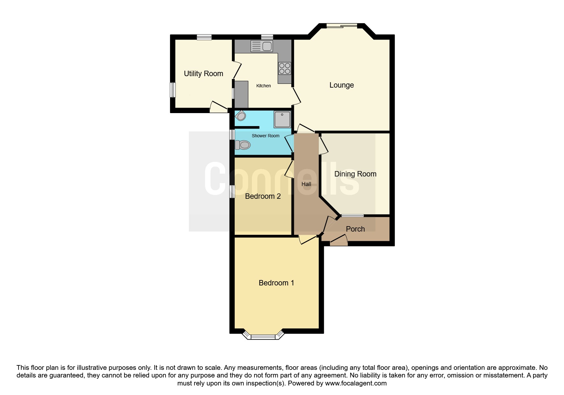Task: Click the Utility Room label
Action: (x=203, y=74)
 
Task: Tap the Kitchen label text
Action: (x=263, y=86)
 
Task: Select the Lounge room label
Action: (x=341, y=85)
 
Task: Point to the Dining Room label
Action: (x=355, y=174)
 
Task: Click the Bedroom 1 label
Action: (x=276, y=283)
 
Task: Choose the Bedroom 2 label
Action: (x=263, y=196)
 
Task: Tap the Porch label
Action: (x=355, y=229)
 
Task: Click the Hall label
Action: (x=306, y=184)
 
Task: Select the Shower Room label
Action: (x=265, y=136)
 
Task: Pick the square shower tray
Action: (x=282, y=119)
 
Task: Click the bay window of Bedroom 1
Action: (x=263, y=336)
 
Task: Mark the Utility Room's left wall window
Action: (x=173, y=90)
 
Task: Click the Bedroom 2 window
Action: (x=232, y=192)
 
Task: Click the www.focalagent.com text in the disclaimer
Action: (x=355, y=383)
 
